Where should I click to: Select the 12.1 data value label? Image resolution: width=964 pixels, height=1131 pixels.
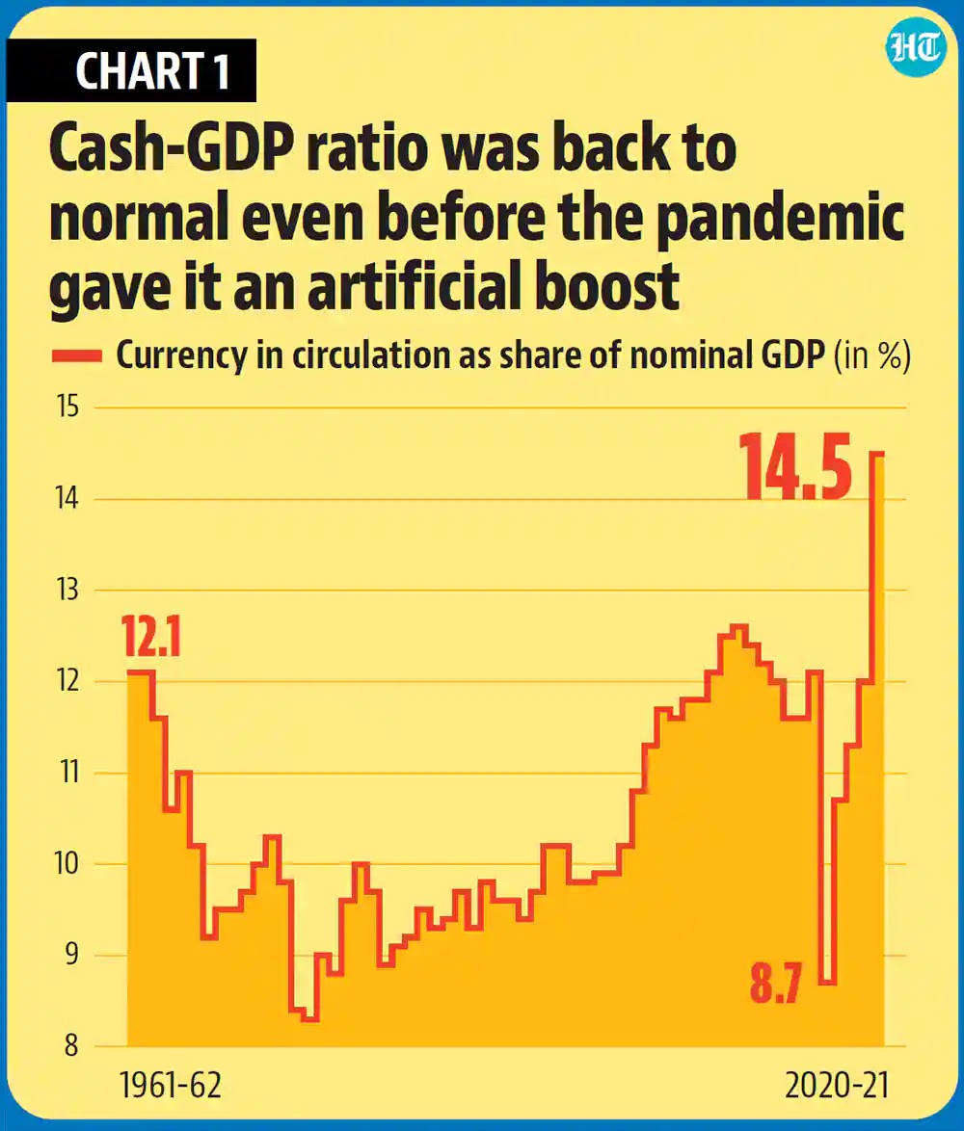pos(151,639)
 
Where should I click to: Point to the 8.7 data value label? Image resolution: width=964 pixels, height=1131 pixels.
pos(776,987)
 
